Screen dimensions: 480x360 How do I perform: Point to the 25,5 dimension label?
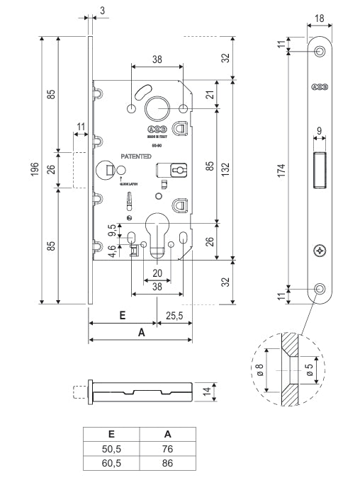point(174,316)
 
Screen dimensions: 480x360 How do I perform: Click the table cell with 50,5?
point(111,448)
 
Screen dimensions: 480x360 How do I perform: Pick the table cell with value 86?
point(167,464)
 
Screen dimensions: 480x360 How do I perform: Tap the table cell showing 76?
point(167,448)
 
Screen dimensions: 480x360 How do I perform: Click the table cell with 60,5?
point(111,464)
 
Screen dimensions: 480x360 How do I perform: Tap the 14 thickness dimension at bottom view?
point(206,390)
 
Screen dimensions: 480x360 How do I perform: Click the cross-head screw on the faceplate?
point(320,250)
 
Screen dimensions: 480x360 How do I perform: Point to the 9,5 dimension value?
point(111,230)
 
